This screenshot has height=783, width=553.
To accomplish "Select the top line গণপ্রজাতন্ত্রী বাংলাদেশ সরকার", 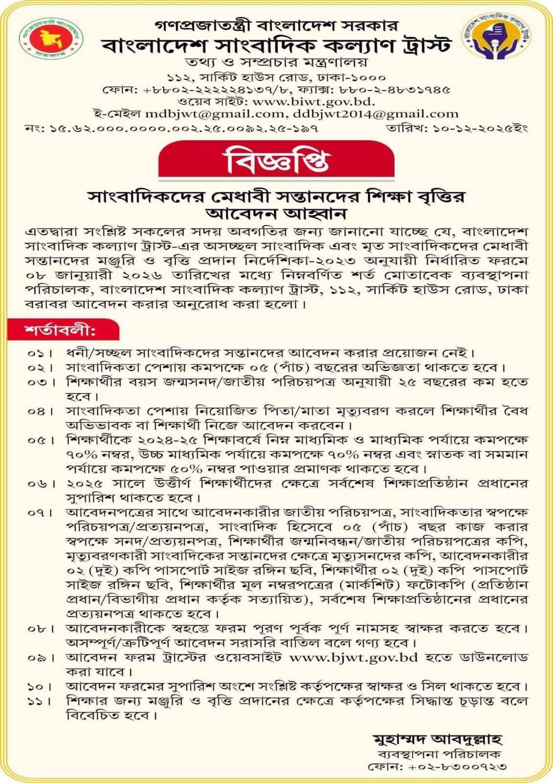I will click(x=277, y=23).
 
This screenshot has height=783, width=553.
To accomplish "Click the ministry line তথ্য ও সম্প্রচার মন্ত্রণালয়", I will click(x=277, y=63).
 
